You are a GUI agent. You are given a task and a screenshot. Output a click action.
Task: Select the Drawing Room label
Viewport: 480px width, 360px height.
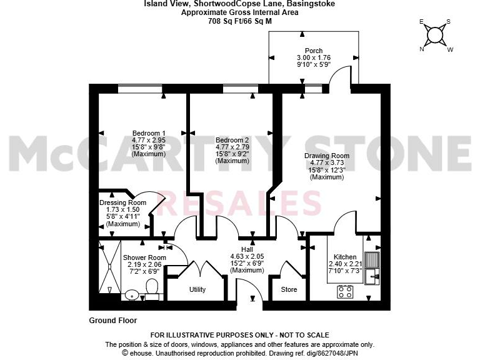[x=326, y=156]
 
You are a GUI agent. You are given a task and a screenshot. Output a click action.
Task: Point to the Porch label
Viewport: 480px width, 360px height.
[x=314, y=51]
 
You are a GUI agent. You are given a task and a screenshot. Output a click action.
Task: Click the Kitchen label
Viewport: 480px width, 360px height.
[x=345, y=257]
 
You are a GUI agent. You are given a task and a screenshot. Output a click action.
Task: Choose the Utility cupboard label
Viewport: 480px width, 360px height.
[x=197, y=290]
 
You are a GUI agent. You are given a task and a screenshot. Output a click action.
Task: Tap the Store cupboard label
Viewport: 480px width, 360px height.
[x=289, y=290]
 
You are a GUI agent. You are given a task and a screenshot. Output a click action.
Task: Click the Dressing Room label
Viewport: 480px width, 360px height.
[x=123, y=202]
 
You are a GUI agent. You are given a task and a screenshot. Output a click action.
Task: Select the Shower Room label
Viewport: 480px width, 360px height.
[x=144, y=257]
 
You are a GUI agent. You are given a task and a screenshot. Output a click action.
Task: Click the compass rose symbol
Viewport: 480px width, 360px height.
[x=436, y=34]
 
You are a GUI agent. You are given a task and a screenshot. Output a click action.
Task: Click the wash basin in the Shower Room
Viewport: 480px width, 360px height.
[x=131, y=294]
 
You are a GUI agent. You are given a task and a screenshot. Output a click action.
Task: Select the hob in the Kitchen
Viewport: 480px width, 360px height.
[x=345, y=291]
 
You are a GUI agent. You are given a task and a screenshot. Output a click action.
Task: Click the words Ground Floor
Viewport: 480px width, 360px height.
[x=113, y=320]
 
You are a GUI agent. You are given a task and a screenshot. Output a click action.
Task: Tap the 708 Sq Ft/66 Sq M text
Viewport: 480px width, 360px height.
[x=239, y=21]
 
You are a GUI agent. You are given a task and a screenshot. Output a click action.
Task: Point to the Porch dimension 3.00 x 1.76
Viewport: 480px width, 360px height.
[x=314, y=57]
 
